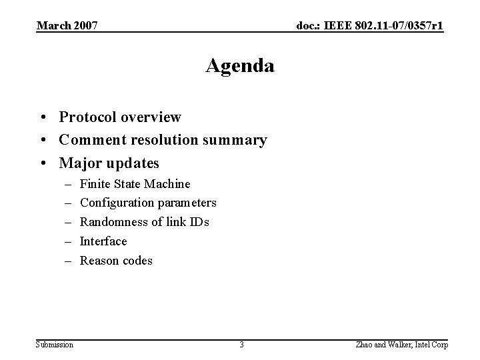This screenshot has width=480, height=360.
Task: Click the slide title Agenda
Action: (x=240, y=66)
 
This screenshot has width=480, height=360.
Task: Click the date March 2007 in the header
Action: (x=67, y=26)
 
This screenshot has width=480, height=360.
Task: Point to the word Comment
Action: (x=91, y=140)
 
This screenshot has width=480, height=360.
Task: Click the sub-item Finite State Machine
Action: (x=135, y=183)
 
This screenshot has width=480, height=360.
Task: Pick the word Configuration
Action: (x=114, y=203)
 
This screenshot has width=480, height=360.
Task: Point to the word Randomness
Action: (x=112, y=222)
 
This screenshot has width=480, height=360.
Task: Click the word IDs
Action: (x=198, y=222)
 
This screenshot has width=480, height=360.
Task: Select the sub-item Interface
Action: (x=103, y=241)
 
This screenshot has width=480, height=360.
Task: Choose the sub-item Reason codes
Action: (x=116, y=260)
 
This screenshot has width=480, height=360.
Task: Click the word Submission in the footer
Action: (x=55, y=344)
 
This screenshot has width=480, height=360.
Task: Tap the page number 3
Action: (x=241, y=344)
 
